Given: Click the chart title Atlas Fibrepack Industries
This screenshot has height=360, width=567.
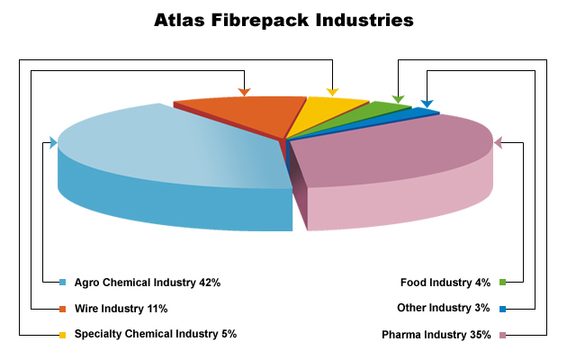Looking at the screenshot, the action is (x=283, y=20).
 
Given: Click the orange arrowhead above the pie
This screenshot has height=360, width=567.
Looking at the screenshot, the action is (x=245, y=92).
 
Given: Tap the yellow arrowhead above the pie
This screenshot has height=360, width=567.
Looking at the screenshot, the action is (x=332, y=92).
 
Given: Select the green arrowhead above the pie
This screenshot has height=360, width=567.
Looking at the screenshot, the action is (x=398, y=99).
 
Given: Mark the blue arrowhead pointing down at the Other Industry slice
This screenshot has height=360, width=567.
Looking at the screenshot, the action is (x=427, y=103).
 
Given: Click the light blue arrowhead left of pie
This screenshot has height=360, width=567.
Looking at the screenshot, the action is (x=53, y=142).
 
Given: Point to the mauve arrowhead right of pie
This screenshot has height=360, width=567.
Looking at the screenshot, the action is (x=498, y=142).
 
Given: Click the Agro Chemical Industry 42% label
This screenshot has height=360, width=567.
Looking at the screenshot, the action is (x=148, y=283).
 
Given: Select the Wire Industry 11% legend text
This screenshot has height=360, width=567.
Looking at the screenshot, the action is (x=121, y=309).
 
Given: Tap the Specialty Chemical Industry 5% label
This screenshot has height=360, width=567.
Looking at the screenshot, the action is (x=156, y=334).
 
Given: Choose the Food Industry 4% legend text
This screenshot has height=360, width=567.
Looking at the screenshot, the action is (x=445, y=283).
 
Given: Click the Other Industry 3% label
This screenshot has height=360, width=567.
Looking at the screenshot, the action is (x=444, y=308).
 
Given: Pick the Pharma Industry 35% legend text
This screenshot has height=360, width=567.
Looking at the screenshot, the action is (x=436, y=335).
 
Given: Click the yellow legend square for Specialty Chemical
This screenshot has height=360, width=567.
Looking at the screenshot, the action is (x=63, y=335).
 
